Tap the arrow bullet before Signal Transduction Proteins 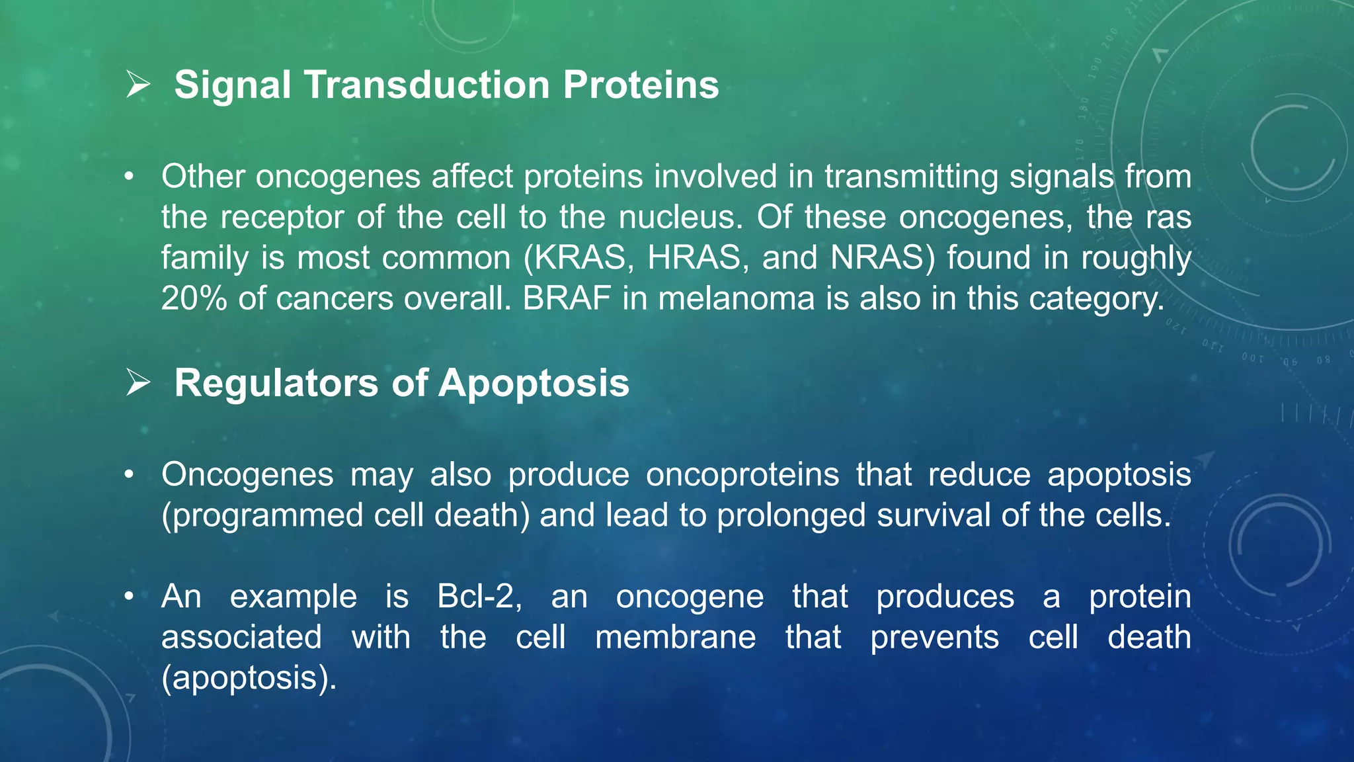click(138, 85)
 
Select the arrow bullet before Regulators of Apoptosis click(138, 383)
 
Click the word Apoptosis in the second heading click(534, 383)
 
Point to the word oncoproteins click(742, 475)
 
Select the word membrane click(675, 638)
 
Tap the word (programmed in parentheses click(262, 516)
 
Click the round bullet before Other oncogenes click(129, 177)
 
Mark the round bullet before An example click(129, 597)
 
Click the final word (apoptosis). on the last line click(249, 679)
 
